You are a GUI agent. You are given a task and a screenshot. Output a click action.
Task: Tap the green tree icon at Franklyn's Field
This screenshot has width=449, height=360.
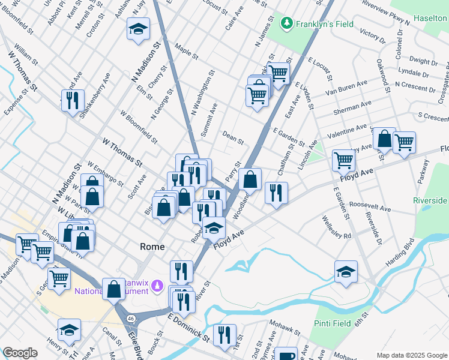click(x=288, y=23)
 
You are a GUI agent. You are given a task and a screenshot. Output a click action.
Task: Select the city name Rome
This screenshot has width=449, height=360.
click(x=152, y=246)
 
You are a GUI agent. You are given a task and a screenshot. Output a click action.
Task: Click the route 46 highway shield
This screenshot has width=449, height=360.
click(x=130, y=316)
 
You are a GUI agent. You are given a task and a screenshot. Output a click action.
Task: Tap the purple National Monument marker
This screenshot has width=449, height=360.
click(x=157, y=286)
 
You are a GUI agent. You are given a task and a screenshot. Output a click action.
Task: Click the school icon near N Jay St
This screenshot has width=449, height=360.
click(x=138, y=28)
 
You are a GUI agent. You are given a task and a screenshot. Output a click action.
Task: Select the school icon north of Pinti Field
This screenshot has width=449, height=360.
click(x=346, y=271)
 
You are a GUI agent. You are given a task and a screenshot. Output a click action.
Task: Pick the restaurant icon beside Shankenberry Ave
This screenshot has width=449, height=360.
click(x=73, y=100)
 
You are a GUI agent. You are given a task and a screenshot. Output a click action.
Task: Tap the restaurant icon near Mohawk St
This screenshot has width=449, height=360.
click(x=224, y=335)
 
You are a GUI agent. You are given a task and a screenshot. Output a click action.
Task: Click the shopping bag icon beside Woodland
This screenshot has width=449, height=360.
click(x=250, y=179)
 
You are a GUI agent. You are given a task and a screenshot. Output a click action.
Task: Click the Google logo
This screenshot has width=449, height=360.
click(x=20, y=353)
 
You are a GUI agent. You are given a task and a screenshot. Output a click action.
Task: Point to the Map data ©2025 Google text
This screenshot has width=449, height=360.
click(x=412, y=355)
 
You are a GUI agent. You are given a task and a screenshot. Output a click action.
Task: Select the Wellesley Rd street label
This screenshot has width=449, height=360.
click(x=336, y=227)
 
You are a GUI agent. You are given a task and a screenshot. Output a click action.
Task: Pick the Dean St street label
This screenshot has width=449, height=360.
click(x=233, y=139)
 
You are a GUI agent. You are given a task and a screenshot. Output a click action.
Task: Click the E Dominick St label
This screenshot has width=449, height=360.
click(x=189, y=327)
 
